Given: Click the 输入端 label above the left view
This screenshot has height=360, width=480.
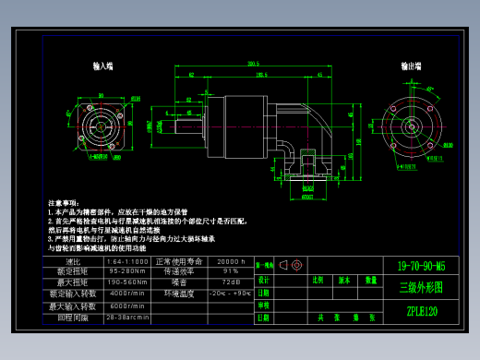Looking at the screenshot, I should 102,67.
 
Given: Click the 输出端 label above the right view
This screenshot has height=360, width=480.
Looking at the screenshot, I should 412,67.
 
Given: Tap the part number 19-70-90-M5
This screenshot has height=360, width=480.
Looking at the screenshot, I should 420,266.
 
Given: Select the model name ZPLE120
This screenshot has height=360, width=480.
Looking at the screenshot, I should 421,311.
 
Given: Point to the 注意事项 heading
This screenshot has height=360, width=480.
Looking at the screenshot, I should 66,201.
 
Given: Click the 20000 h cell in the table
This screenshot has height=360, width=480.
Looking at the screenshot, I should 230,261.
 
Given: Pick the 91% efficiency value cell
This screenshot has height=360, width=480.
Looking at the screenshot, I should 230,271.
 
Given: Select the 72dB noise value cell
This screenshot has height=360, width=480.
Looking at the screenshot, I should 230,282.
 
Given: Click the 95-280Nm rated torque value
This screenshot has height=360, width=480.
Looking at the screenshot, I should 127,271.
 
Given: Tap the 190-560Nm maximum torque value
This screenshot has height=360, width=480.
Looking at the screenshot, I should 127,282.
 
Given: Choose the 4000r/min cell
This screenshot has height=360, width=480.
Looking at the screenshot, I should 127,294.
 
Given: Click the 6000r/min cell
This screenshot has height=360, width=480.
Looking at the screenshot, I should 127,306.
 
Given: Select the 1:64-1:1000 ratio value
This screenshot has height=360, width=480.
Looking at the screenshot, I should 127,261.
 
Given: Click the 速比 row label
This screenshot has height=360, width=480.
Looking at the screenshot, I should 74,261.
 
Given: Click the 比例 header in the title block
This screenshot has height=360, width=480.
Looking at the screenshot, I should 318,279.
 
